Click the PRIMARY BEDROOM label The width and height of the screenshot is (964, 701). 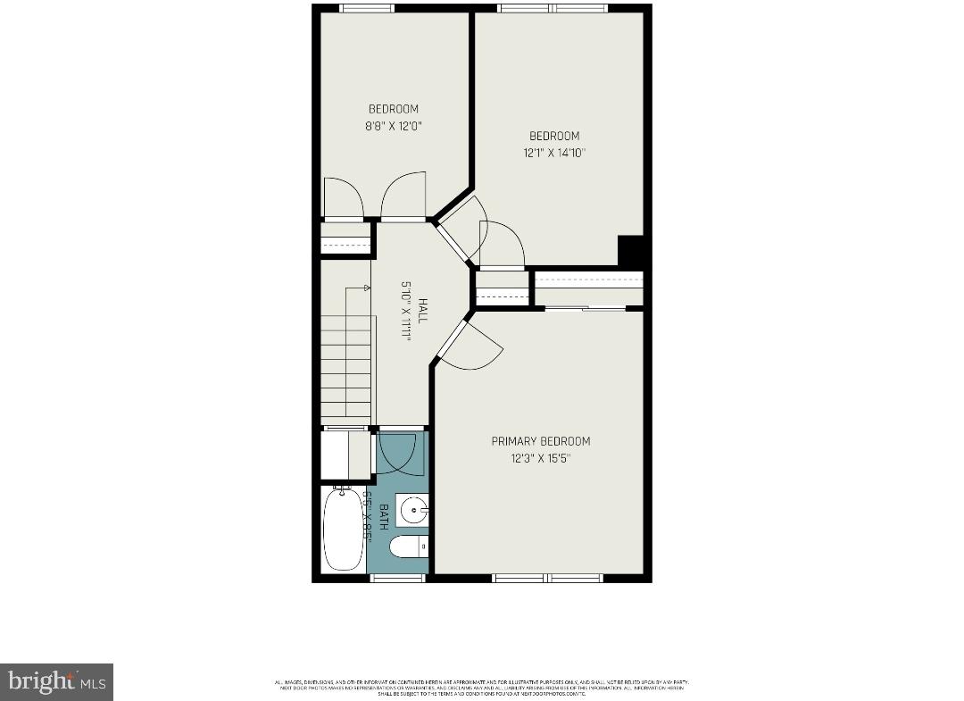pyautogui.click(x=540, y=441)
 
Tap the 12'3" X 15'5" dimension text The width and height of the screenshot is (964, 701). pyautogui.click(x=540, y=458)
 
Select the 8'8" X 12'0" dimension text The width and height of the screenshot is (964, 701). pyautogui.click(x=393, y=126)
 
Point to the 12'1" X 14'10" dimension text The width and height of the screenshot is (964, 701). pyautogui.click(x=554, y=153)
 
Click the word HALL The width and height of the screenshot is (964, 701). pyautogui.click(x=422, y=311)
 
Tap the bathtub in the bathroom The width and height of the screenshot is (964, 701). pyautogui.click(x=343, y=529)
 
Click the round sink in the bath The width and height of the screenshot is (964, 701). pyautogui.click(x=412, y=511)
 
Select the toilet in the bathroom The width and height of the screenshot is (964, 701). pyautogui.click(x=411, y=547)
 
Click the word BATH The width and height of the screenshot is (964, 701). pyautogui.click(x=384, y=517)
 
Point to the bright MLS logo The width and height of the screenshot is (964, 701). pyautogui.click(x=56, y=682)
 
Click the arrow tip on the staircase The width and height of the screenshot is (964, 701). pyautogui.click(x=367, y=288)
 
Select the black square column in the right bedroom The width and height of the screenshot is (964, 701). pyautogui.click(x=630, y=250)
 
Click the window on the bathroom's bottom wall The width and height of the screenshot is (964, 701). pyautogui.click(x=398, y=578)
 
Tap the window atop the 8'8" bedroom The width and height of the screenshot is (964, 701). pyautogui.click(x=367, y=8)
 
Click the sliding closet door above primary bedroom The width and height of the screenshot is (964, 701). pyautogui.click(x=586, y=308)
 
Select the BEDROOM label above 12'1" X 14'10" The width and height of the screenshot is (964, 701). pyautogui.click(x=554, y=136)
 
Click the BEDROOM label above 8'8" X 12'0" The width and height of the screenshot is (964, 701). pyautogui.click(x=393, y=109)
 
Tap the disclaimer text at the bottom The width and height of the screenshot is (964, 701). pyautogui.click(x=482, y=688)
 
